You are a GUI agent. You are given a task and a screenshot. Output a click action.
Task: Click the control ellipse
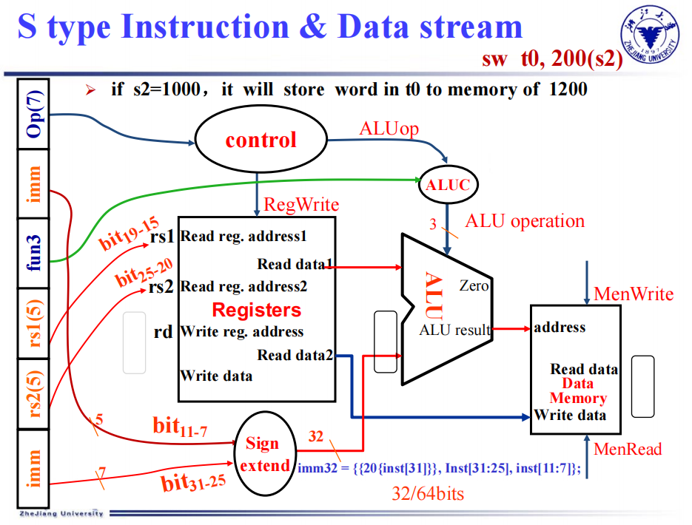click(x=261, y=140)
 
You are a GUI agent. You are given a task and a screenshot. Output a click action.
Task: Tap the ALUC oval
click(x=447, y=185)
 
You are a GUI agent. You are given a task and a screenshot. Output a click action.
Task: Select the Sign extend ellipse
click(x=263, y=454)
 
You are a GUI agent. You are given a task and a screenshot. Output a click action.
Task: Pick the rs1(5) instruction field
click(x=33, y=324)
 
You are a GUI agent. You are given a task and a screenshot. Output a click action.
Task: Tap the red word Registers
click(x=257, y=310)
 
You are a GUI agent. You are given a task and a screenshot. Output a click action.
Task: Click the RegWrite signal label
click(x=301, y=205)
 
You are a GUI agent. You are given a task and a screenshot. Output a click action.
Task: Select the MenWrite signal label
click(x=634, y=295)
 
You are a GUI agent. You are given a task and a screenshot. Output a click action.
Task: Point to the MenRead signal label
click(x=628, y=449)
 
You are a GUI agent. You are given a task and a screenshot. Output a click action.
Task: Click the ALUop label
click(x=389, y=129)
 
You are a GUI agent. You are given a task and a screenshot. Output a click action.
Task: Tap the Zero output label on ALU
click(x=474, y=285)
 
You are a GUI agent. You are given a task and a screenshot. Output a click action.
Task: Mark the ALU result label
click(x=455, y=330)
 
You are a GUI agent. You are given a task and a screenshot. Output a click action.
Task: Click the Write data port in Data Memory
click(x=570, y=415)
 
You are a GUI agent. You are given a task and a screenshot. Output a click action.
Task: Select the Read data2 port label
click(x=295, y=356)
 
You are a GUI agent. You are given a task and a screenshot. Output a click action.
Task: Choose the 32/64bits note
click(x=428, y=494)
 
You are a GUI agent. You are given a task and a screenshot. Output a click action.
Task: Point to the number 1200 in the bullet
click(x=568, y=90)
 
